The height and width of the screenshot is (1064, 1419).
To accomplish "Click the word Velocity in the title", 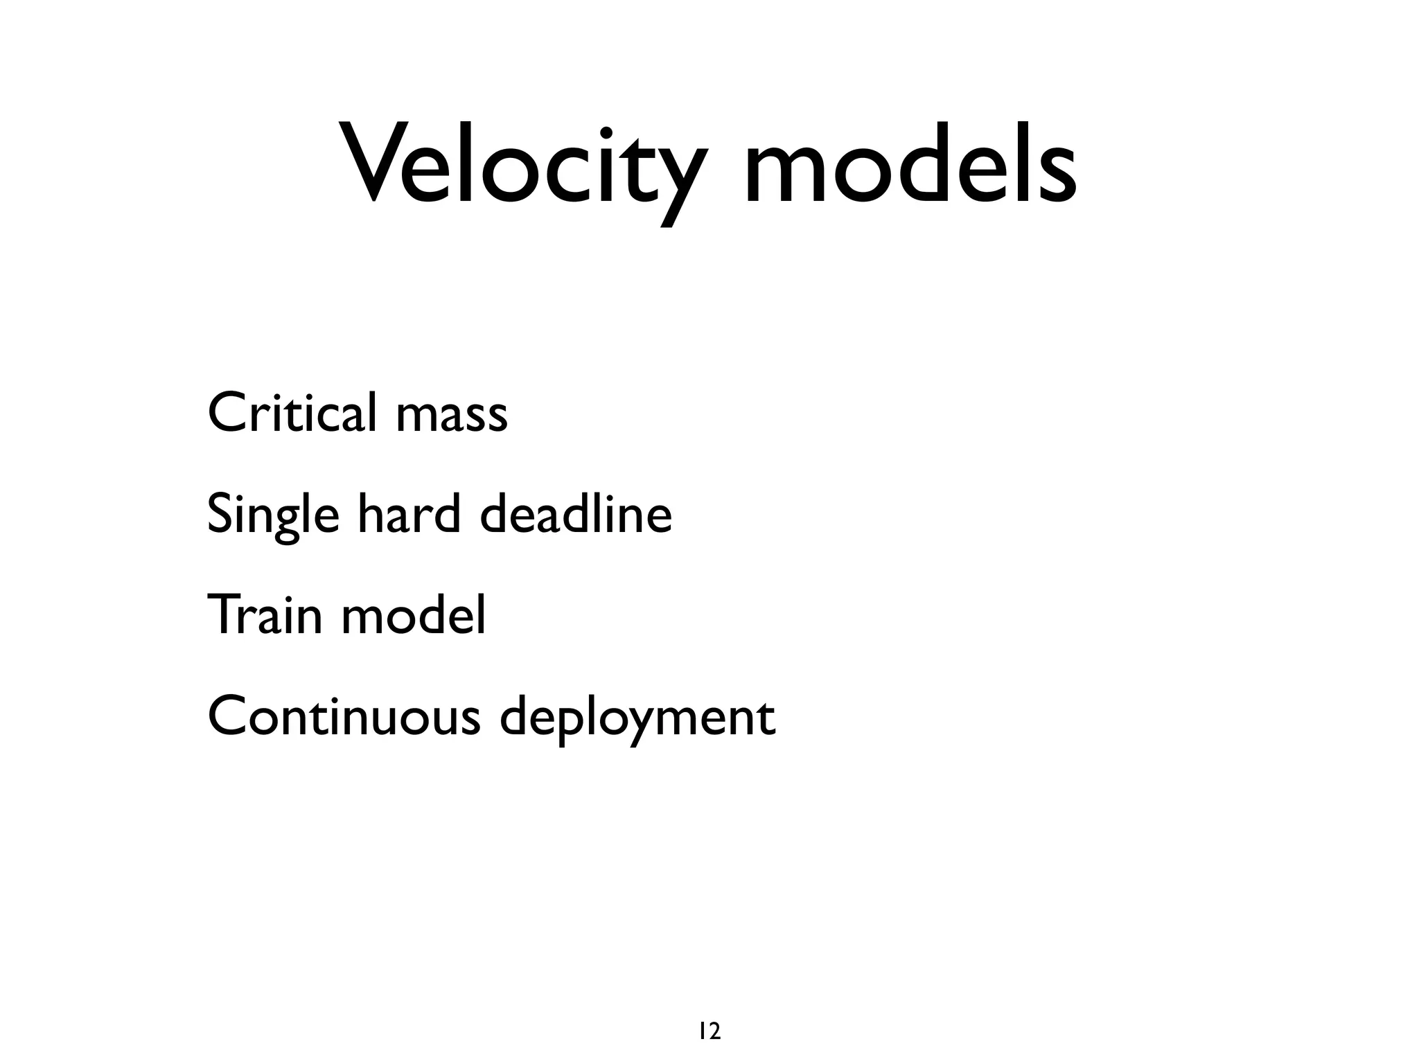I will [x=524, y=166].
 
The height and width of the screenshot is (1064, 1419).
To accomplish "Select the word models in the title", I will [x=910, y=166].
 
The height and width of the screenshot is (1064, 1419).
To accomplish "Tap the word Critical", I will [x=292, y=413].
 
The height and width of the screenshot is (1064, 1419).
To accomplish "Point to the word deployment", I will [x=637, y=719].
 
